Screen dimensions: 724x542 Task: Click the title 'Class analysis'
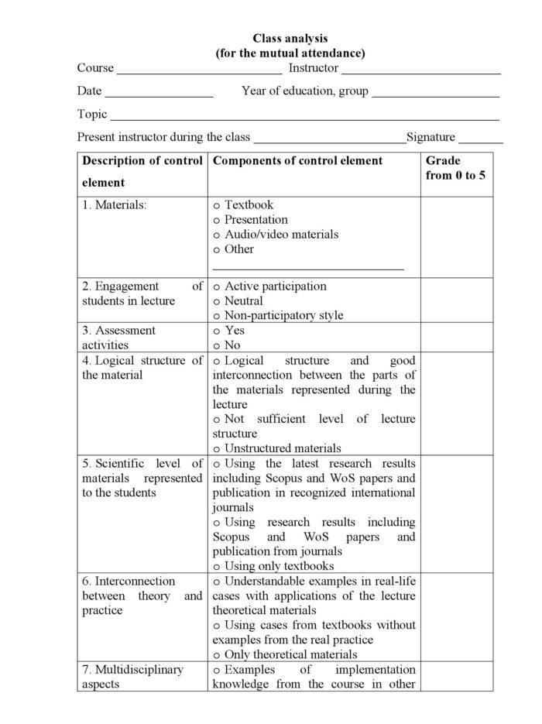pyautogui.click(x=290, y=38)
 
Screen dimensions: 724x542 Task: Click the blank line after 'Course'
pyautogui.click(x=199, y=72)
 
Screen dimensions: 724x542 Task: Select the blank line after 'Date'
pyautogui.click(x=159, y=95)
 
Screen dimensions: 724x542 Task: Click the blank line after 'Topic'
pyautogui.click(x=304, y=118)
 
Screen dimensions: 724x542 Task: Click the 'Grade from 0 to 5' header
pyautogui.click(x=456, y=168)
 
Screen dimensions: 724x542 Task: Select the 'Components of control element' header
pyautogui.click(x=297, y=161)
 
